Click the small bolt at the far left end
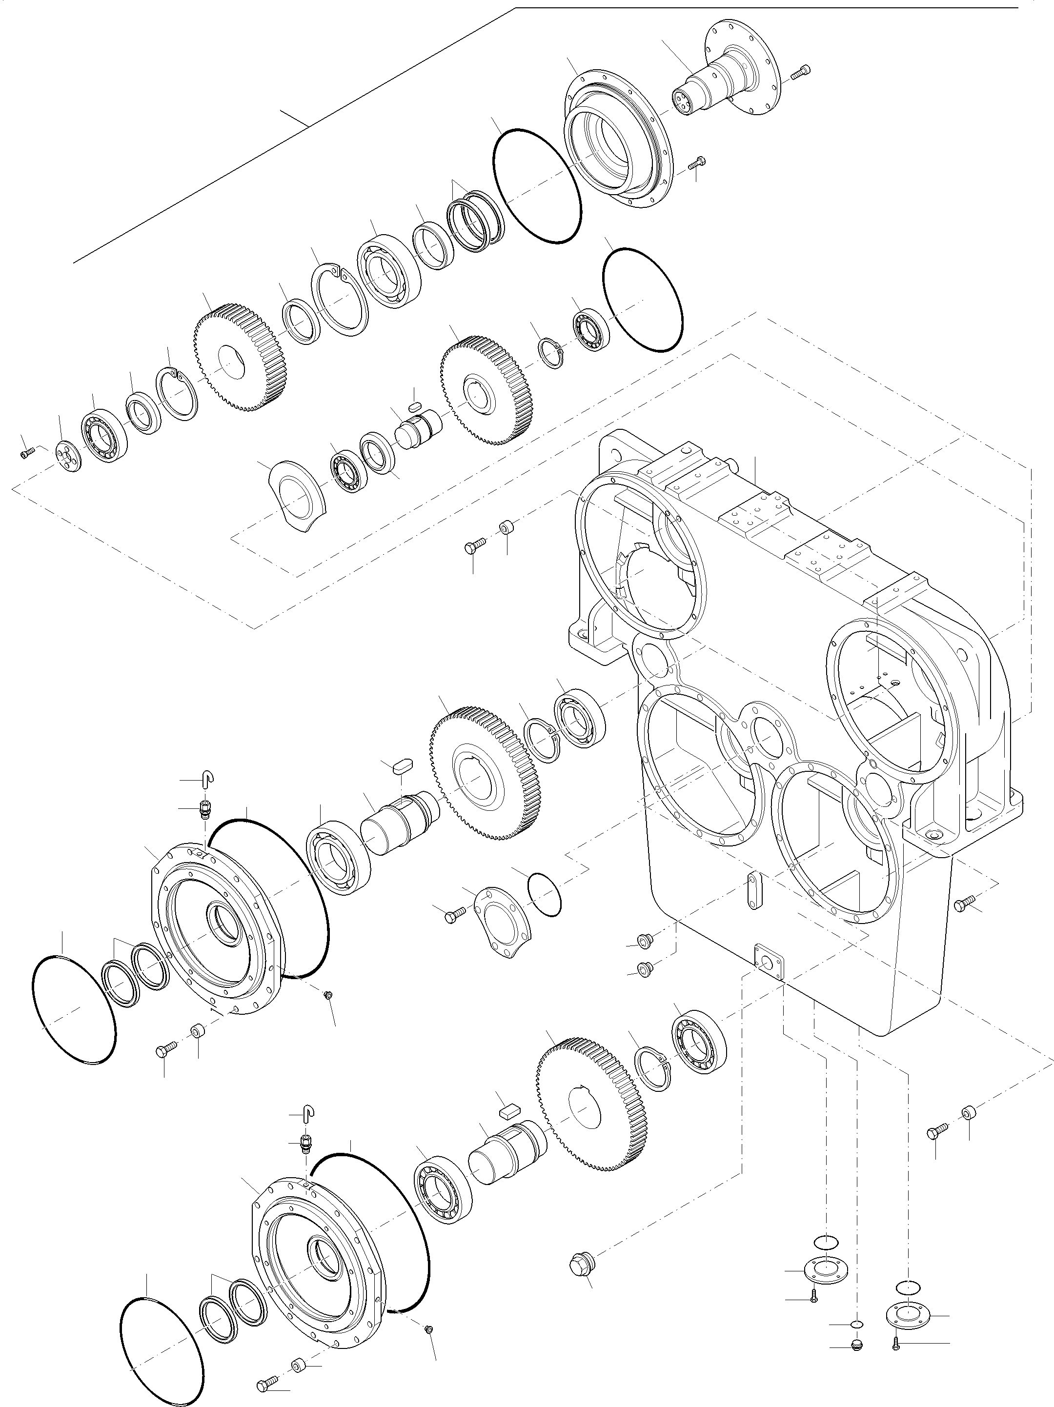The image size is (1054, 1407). coord(26,453)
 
